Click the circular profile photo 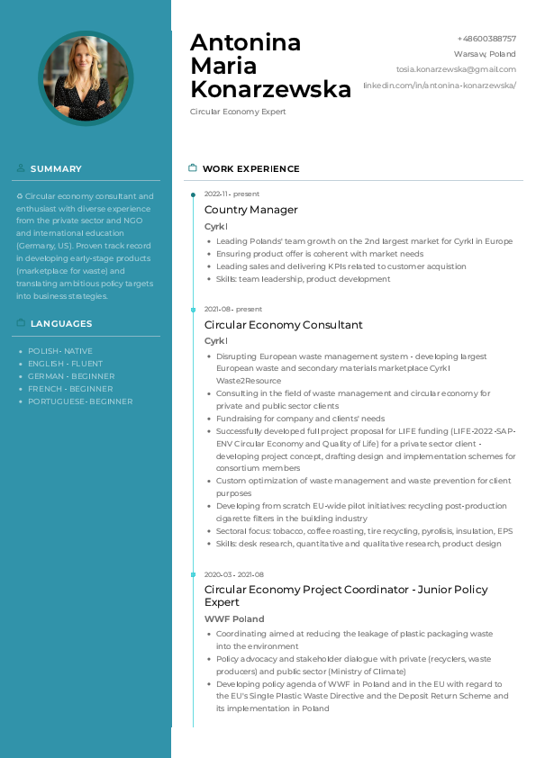(x=86, y=78)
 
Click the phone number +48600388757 (x=486, y=39)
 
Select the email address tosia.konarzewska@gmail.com (x=456, y=69)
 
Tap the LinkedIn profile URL (x=440, y=85)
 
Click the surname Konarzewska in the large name (x=270, y=89)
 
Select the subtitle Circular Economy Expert (x=238, y=112)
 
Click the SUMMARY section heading (x=56, y=168)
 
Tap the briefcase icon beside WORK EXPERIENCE (x=192, y=168)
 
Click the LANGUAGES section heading (x=61, y=323)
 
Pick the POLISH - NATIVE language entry (x=60, y=351)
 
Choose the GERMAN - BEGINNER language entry (x=71, y=376)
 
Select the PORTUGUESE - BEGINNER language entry (x=80, y=402)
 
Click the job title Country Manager (x=250, y=210)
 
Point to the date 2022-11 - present (x=232, y=194)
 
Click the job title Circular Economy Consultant (x=283, y=325)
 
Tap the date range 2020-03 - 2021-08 (x=234, y=574)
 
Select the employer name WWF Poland (x=234, y=619)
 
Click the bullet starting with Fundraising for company (x=300, y=419)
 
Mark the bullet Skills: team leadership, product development (x=304, y=279)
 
